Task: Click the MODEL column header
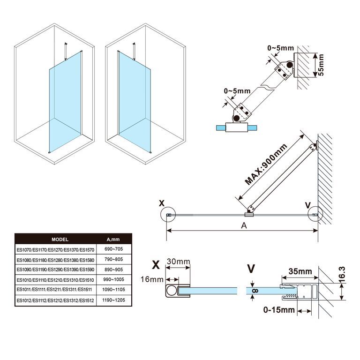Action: click(x=60, y=239)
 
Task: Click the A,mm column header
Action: click(x=114, y=239)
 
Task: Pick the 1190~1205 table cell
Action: click(x=114, y=300)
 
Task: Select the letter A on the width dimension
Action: click(x=243, y=225)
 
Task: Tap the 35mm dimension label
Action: click(x=300, y=271)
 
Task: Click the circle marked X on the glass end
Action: click(x=168, y=216)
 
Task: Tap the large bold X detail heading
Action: click(x=156, y=265)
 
